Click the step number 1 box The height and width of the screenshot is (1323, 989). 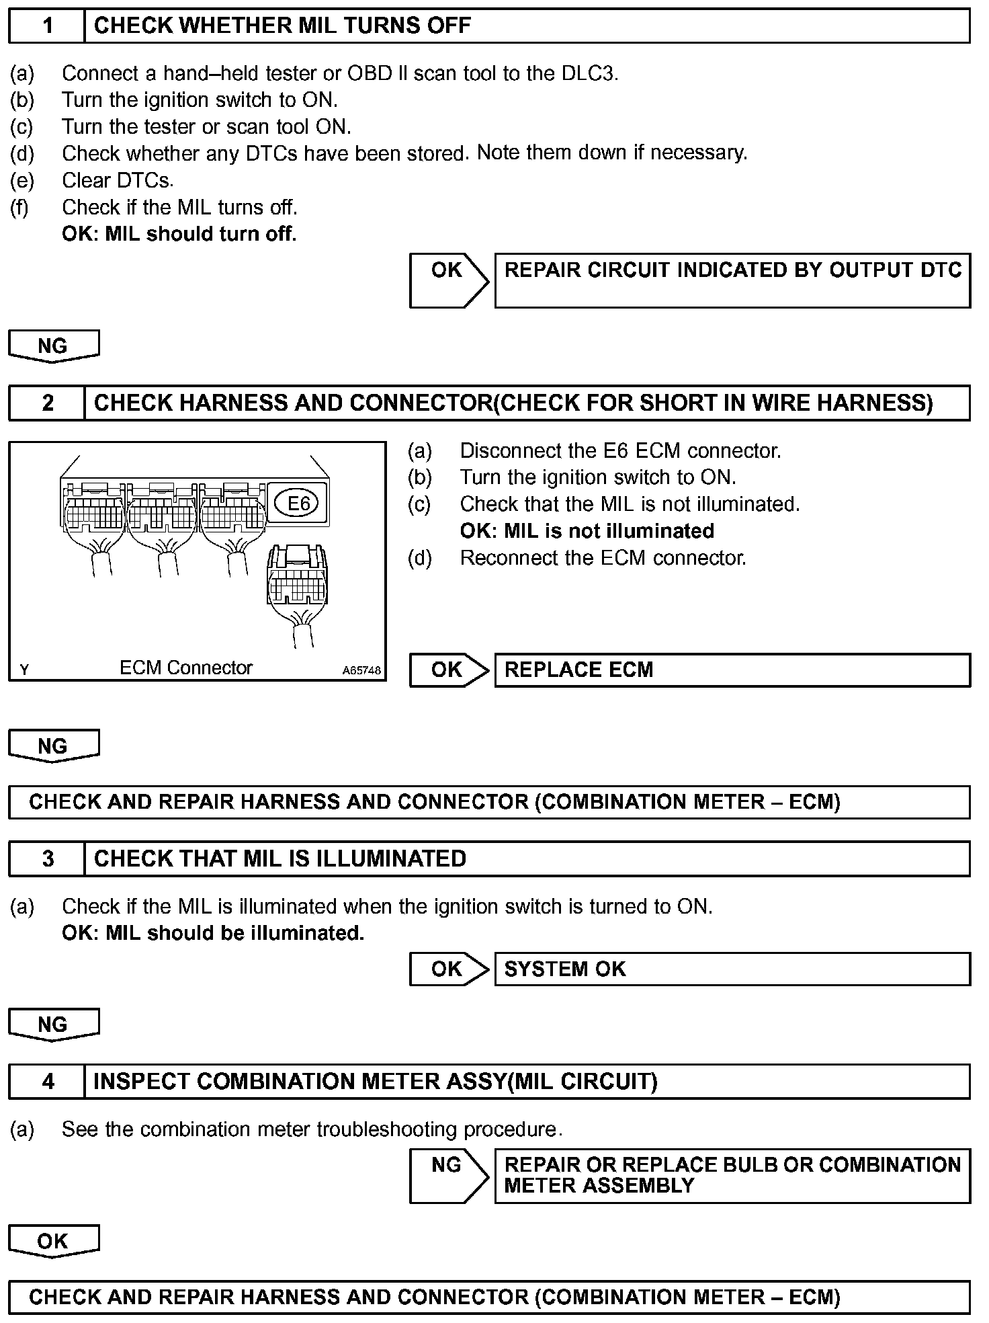47,26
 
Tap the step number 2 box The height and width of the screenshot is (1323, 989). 47,403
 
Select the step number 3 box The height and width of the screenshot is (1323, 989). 47,858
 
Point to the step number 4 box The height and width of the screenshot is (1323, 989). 47,1081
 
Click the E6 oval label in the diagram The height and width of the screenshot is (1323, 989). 298,504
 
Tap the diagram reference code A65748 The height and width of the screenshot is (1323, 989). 361,670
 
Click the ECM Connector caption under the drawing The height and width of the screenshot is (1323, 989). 185,668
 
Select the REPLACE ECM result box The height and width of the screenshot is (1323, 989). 732,670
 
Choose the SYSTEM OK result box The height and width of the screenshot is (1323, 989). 732,969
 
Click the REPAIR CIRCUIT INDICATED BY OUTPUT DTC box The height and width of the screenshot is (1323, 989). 732,280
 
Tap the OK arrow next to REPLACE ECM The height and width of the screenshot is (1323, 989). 448,670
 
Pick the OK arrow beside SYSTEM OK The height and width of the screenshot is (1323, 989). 448,969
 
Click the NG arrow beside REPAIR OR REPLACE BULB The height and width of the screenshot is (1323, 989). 448,1175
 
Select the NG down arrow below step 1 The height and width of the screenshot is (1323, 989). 53,346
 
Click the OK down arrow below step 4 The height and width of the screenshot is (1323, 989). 53,1241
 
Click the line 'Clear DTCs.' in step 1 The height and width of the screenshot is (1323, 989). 118,180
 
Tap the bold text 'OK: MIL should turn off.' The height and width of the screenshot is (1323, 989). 179,234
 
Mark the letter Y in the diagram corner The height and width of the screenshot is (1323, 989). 25,670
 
